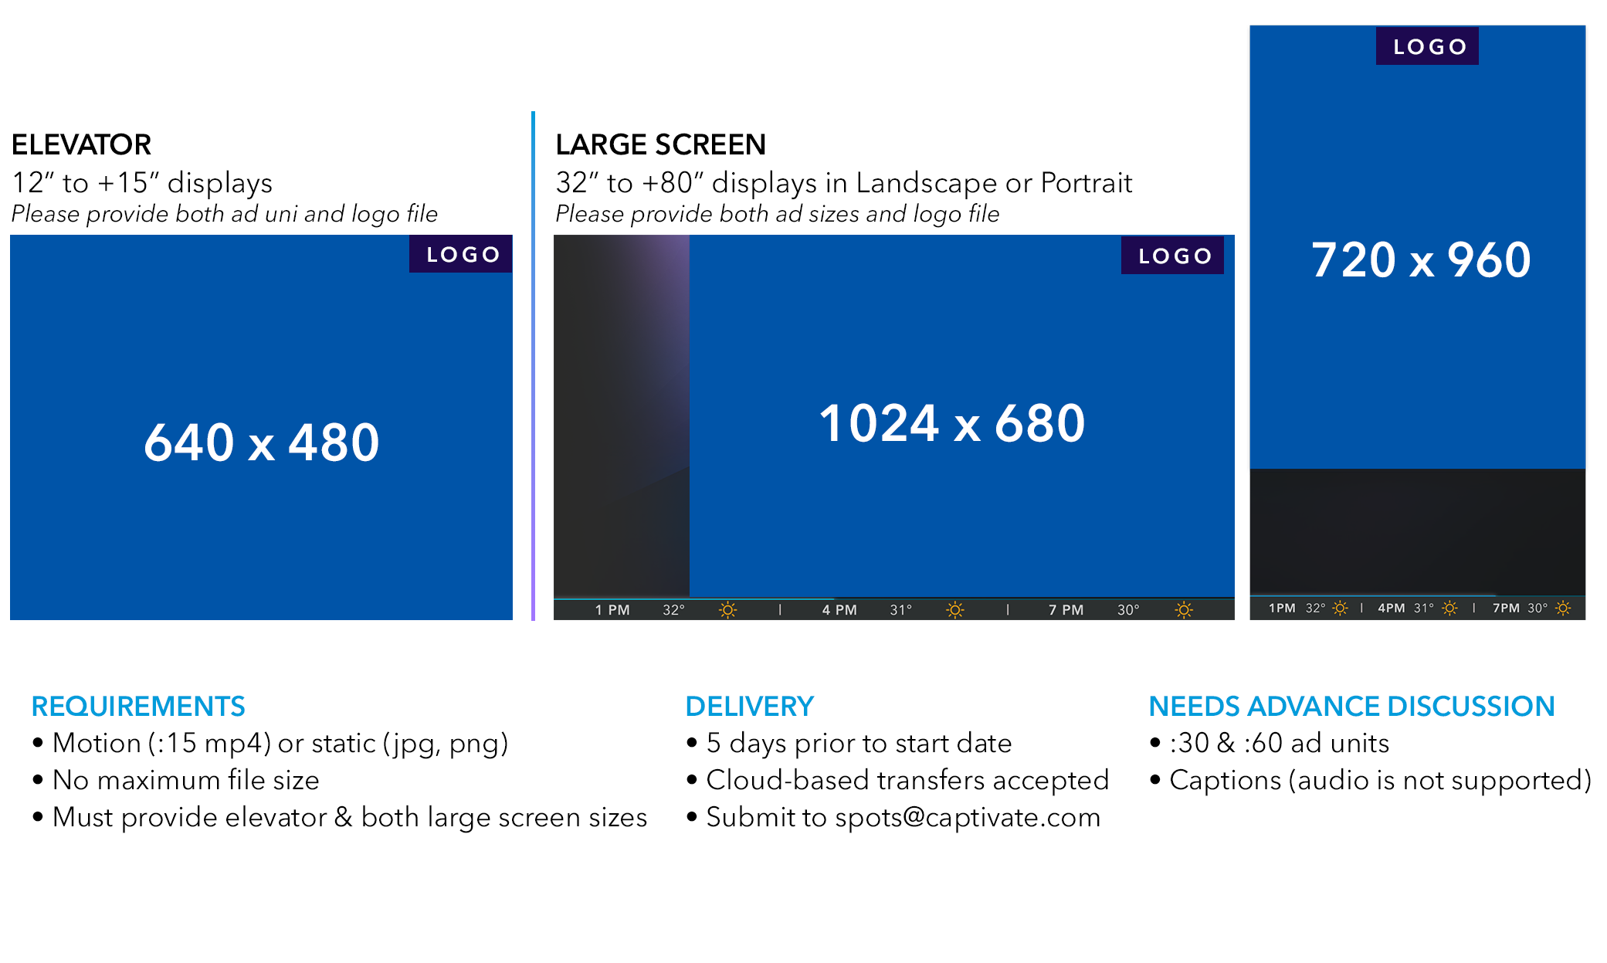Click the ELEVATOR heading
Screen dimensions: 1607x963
point(81,144)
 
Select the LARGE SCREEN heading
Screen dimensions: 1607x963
point(660,144)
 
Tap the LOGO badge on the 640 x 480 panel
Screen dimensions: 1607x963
point(461,254)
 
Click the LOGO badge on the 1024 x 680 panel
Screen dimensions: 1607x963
point(1172,256)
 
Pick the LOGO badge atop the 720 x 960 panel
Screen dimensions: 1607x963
point(1427,46)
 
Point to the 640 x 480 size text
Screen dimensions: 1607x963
point(262,443)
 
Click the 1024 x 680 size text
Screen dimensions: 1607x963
point(952,423)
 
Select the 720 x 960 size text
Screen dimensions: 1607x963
point(1421,259)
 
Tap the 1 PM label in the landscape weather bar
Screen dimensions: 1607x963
point(612,610)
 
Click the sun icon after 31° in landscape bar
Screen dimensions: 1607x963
point(955,610)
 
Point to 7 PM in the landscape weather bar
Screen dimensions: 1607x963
point(1066,610)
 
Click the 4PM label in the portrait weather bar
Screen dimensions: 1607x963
point(1392,609)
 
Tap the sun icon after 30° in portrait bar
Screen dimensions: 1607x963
point(1563,609)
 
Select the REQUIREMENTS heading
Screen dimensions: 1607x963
point(138,706)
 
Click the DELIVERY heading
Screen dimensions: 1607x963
point(749,706)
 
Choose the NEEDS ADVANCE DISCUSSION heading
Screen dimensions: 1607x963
point(1351,706)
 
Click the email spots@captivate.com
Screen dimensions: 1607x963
point(968,817)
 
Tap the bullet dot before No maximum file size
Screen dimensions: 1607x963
point(38,780)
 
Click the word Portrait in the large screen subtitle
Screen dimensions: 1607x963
point(1087,183)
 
